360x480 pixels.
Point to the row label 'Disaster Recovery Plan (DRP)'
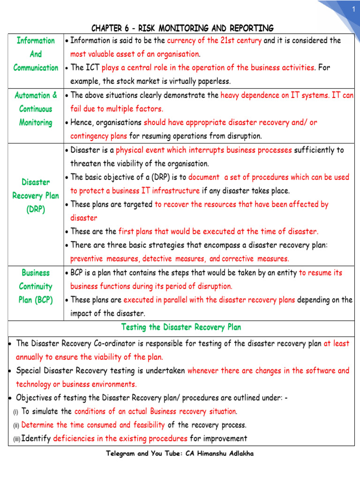click(x=36, y=195)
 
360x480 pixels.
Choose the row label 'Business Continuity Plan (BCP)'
click(x=36, y=286)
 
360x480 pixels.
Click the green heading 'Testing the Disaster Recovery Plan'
click(x=181, y=327)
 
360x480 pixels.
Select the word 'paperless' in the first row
click(x=213, y=81)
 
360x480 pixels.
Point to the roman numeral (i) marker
click(x=15, y=412)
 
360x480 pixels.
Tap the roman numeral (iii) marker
click(x=16, y=439)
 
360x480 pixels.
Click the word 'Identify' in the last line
click(x=36, y=439)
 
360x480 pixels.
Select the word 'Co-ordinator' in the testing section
click(x=110, y=343)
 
